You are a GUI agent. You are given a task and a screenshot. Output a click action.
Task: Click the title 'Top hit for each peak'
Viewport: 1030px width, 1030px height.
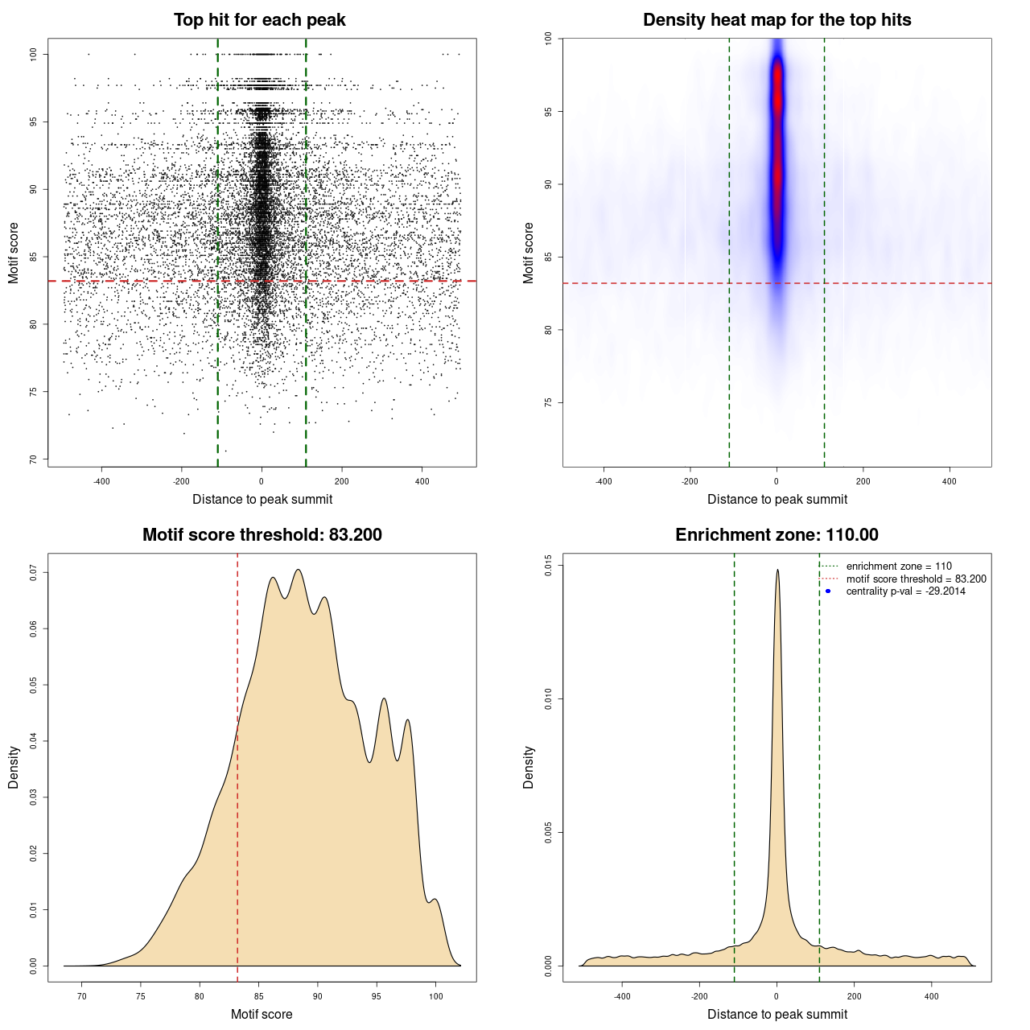click(259, 20)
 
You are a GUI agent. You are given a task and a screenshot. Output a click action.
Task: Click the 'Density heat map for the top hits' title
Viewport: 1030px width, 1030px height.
click(777, 20)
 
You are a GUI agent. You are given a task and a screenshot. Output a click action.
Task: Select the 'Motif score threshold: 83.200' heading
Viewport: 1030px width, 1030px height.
click(262, 535)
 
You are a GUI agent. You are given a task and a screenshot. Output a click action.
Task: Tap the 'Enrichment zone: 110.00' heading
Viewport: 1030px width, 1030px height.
click(777, 535)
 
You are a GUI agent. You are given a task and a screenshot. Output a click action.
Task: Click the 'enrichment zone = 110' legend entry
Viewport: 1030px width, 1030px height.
click(898, 566)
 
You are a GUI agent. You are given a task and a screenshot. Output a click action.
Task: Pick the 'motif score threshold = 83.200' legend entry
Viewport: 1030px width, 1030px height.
click(916, 579)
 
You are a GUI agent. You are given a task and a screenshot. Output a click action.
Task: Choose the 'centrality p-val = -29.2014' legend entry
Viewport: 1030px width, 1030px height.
click(905, 591)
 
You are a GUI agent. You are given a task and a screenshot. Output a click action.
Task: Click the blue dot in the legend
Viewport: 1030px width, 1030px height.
click(828, 591)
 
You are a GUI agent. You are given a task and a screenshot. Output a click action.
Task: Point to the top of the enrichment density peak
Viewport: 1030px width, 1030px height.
click(777, 571)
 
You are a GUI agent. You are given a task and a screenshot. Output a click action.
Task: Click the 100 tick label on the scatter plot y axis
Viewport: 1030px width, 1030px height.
click(34, 54)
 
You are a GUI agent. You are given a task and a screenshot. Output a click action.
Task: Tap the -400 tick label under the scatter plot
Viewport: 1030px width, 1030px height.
click(101, 481)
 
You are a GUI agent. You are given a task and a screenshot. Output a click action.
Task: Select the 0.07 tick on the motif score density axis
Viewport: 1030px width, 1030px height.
click(34, 572)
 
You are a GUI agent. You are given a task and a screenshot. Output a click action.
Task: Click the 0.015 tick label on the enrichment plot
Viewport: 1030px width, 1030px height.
click(549, 566)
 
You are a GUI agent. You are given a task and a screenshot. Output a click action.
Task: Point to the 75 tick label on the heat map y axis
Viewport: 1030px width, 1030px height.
click(549, 402)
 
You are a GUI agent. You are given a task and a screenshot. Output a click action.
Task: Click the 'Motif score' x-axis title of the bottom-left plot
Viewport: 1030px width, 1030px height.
click(262, 1014)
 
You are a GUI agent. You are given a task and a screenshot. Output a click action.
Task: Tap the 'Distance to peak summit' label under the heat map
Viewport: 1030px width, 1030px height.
click(777, 499)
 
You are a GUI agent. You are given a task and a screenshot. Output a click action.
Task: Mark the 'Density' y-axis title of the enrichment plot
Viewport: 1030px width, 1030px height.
click(529, 767)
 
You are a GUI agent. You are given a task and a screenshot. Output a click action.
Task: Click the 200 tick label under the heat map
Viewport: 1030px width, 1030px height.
click(863, 481)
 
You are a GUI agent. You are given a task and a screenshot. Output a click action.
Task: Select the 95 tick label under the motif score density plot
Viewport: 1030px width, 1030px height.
click(377, 996)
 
